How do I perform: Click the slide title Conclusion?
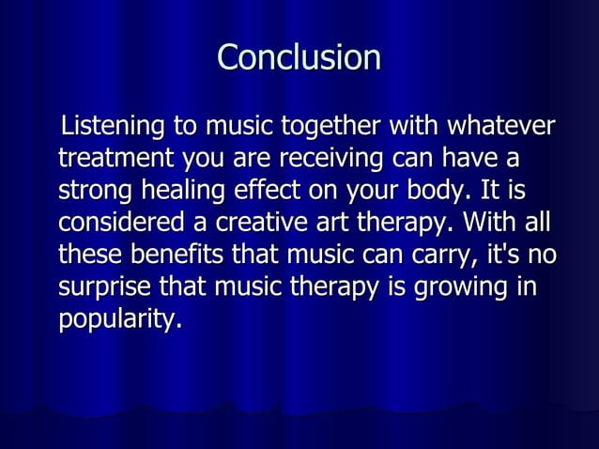(x=299, y=58)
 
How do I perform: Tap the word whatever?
(x=501, y=126)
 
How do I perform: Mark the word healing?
(x=182, y=192)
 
